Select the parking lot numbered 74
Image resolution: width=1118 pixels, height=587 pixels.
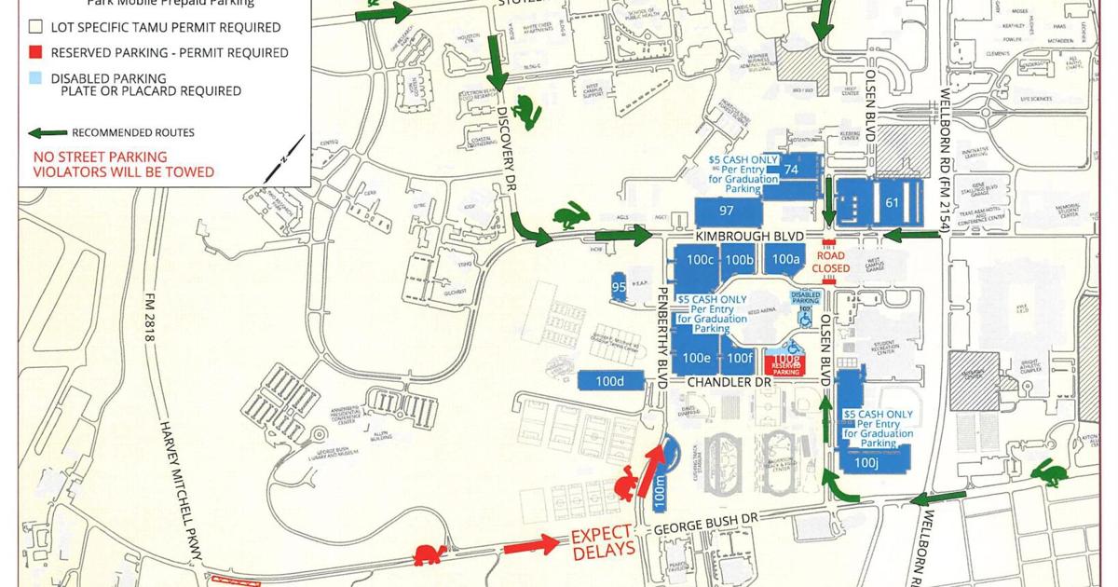[792, 170]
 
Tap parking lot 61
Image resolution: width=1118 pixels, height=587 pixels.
[891, 202]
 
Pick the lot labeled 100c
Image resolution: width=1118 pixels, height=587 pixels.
[700, 259]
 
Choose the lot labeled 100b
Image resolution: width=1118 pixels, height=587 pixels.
[738, 259]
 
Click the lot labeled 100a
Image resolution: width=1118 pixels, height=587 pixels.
[785, 259]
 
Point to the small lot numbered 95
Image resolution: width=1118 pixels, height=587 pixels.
[619, 287]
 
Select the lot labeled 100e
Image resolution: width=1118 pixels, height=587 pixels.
[697, 358]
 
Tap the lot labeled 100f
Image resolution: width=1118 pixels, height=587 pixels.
[739, 358]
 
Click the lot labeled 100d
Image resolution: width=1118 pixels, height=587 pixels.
[609, 380]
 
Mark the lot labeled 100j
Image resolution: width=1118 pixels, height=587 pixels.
[866, 461]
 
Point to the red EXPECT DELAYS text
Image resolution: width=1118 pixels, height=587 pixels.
[602, 540]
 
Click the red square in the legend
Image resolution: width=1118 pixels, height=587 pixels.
[37, 53]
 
